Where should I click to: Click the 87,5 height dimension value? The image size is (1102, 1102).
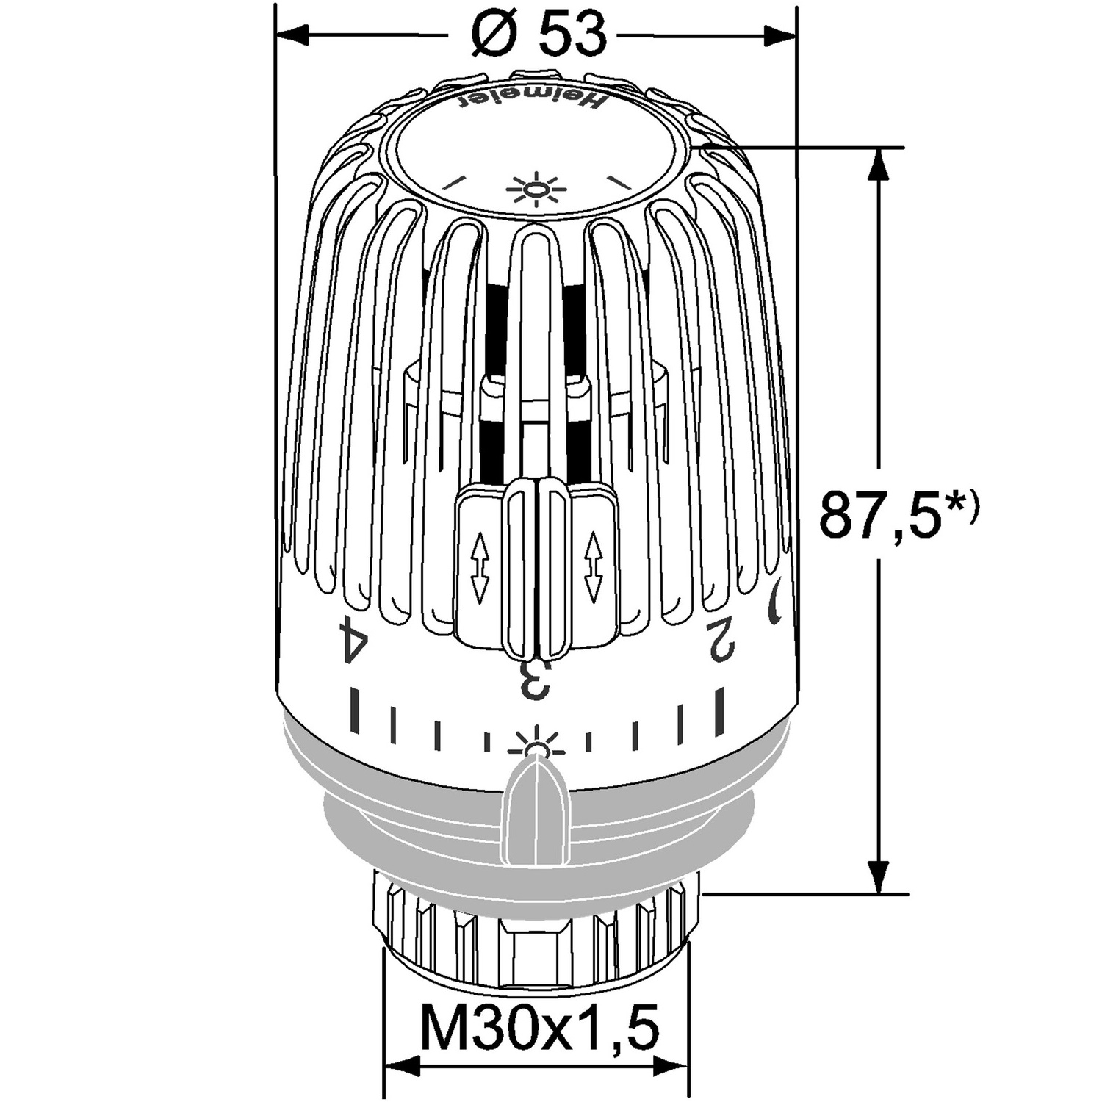[x=880, y=514]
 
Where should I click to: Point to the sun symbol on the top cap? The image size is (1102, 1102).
[x=537, y=190]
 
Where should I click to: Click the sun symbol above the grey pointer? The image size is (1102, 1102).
[x=537, y=744]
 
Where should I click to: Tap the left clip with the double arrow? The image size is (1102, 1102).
[x=479, y=566]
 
